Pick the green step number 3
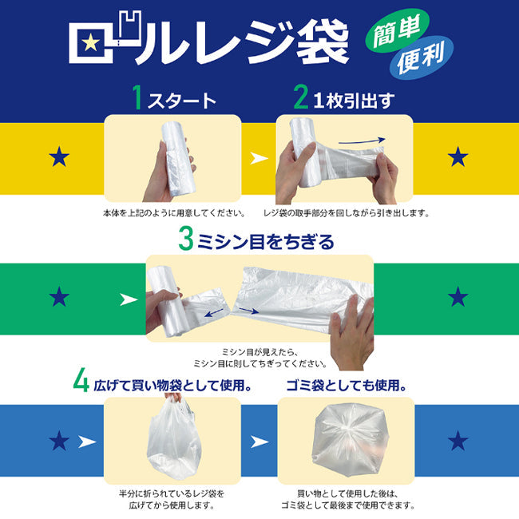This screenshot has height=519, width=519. point(185,240)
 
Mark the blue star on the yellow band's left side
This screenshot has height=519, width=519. point(59,157)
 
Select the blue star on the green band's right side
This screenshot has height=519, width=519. point(458,298)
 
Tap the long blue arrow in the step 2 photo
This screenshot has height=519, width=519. point(362,142)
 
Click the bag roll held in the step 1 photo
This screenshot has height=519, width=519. point(177,160)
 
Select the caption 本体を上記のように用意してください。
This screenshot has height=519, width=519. point(172,214)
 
